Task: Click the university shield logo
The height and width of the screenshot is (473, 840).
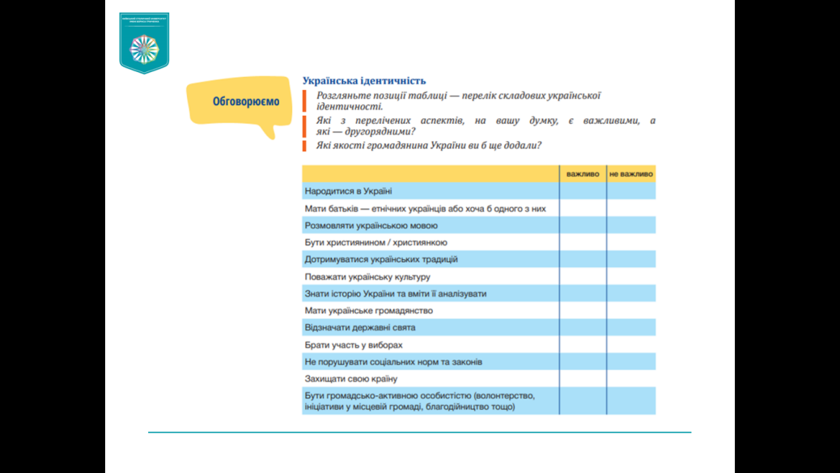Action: click(x=144, y=43)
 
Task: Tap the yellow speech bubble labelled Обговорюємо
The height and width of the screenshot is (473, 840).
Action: click(x=245, y=102)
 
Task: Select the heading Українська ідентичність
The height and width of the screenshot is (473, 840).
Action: click(x=363, y=81)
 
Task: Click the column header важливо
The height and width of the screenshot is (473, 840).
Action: click(x=583, y=174)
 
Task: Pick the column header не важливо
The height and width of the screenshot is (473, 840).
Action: click(x=631, y=174)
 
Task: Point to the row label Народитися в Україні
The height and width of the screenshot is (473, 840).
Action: click(x=348, y=191)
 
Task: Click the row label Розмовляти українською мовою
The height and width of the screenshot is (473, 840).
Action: click(x=371, y=225)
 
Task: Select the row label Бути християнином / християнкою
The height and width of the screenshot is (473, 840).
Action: click(x=375, y=242)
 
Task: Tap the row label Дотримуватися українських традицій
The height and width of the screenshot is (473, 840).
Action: click(x=381, y=259)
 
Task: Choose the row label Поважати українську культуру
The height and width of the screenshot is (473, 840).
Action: click(x=367, y=277)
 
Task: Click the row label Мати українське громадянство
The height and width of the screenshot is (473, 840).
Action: click(x=368, y=310)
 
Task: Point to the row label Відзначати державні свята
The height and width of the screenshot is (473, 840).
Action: click(x=360, y=328)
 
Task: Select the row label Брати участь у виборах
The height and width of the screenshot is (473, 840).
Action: click(x=354, y=345)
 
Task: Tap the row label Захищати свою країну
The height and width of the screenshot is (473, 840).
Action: click(x=351, y=379)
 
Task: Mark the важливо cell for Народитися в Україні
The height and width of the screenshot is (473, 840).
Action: click(x=583, y=191)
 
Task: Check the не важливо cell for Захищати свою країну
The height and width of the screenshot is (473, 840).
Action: click(x=631, y=379)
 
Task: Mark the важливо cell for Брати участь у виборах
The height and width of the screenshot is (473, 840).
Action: click(x=583, y=345)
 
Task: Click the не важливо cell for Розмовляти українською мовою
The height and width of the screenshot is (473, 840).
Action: click(x=631, y=225)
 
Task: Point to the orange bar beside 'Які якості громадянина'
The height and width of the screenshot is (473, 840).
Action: click(x=305, y=146)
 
